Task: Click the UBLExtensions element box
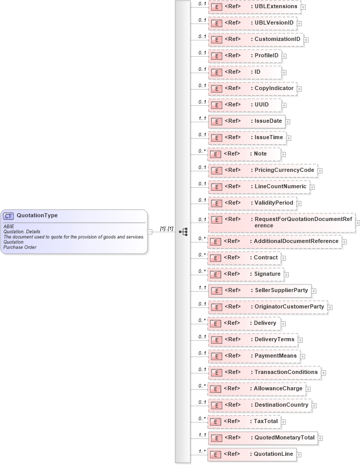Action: (x=255, y=7)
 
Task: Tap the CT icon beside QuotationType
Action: (x=9, y=216)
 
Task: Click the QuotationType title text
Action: (x=37, y=215)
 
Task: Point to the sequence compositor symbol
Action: (x=183, y=232)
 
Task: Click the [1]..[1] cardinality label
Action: (x=166, y=228)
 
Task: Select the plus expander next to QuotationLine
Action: (x=299, y=455)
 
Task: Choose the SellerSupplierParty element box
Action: (x=263, y=291)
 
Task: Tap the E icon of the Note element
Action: (x=216, y=154)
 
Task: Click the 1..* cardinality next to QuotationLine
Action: (x=202, y=451)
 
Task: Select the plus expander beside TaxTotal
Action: (x=283, y=422)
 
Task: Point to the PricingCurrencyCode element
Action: (x=263, y=170)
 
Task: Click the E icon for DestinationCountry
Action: (x=216, y=405)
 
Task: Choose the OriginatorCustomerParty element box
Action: (x=267, y=307)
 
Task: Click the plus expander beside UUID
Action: (x=285, y=105)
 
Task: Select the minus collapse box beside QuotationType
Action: (x=150, y=232)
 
